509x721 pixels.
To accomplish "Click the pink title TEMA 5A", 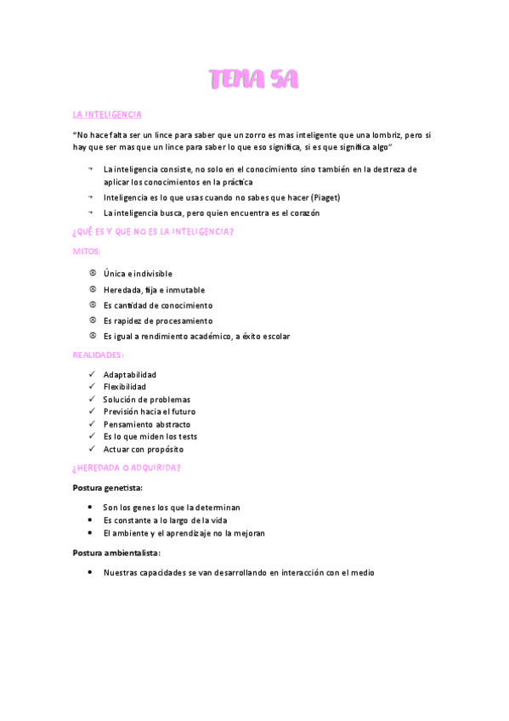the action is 254,81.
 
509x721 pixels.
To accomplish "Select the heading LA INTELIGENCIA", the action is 108,114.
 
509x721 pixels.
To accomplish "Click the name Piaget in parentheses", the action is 325,197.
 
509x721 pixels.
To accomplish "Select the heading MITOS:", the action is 88,252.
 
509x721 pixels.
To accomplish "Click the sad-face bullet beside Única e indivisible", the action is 92,274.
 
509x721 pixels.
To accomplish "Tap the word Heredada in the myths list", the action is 122,290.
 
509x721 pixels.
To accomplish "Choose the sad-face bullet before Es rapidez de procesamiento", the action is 92,321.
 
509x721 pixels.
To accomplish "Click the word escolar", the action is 273,336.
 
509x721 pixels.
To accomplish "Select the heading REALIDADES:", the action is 98,355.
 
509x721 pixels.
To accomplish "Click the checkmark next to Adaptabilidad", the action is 92,374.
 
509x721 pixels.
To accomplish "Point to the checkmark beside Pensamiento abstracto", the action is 92,424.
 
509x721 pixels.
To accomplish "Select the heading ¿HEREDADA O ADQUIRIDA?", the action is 127,468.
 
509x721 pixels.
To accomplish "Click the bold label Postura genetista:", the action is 108,488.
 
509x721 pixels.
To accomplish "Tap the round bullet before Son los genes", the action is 91,507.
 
